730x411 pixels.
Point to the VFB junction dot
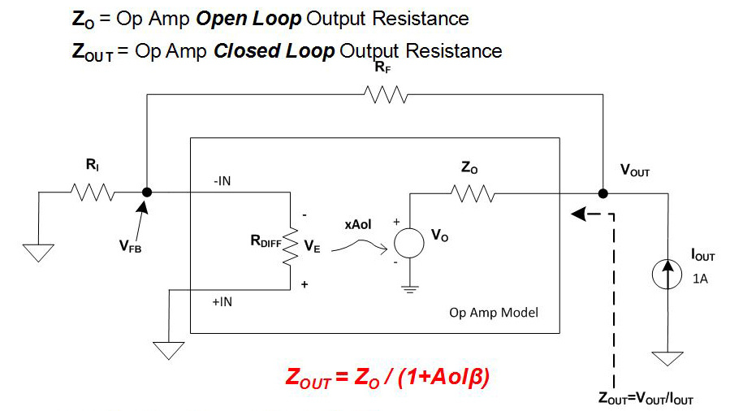click(146, 193)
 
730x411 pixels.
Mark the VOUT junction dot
click(603, 193)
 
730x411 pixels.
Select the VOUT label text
click(635, 172)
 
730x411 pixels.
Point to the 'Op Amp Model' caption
click(494, 313)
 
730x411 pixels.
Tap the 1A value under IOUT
click(700, 278)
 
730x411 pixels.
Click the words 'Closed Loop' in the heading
click(274, 51)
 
